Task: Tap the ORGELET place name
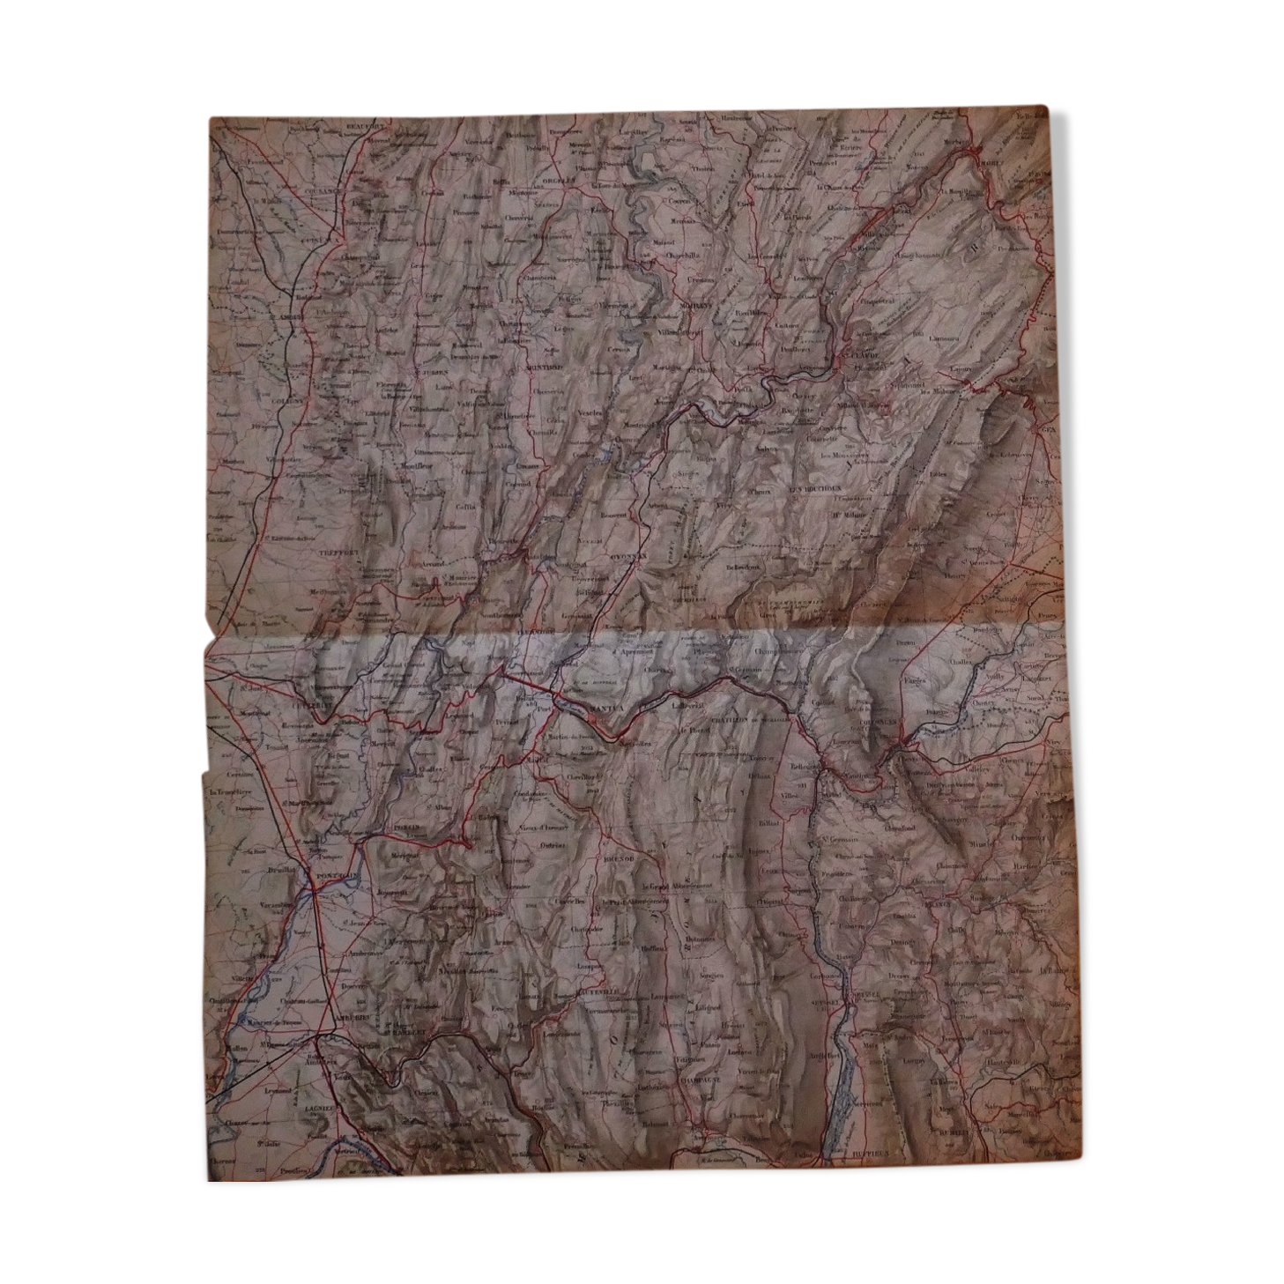[x=558, y=180]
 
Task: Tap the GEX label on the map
[x=1047, y=429]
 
